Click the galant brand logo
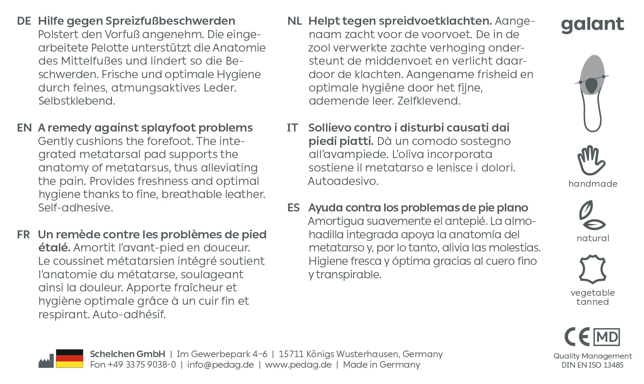tap(592, 25)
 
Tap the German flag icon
tap(69, 359)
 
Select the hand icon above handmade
tap(591, 161)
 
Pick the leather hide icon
tap(592, 269)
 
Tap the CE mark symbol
tap(577, 337)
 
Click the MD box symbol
tap(607, 337)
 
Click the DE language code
tap(24, 21)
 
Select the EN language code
tap(24, 128)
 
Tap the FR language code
tap(23, 235)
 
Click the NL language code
tap(294, 21)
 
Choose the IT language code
tap(292, 128)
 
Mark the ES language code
tap(294, 208)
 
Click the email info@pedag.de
tap(220, 364)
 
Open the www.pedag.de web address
tap(298, 364)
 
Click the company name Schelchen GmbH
tap(127, 354)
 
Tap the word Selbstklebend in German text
tap(77, 101)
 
